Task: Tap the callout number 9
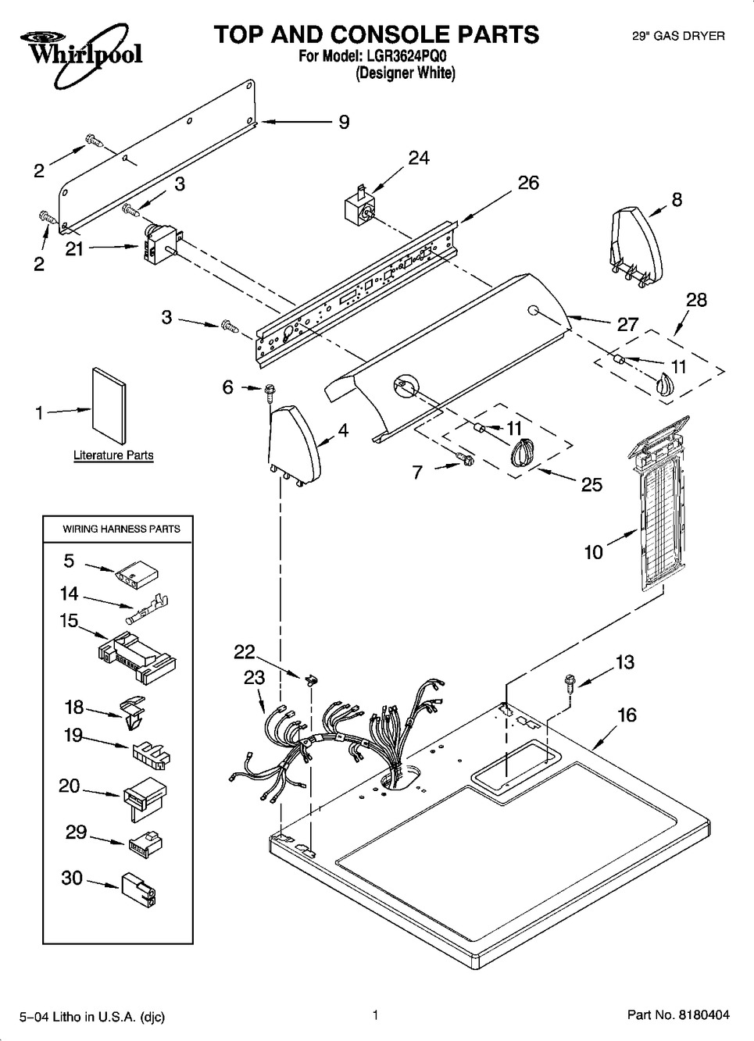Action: click(344, 122)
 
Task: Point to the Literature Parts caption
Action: click(113, 455)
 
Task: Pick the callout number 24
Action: click(419, 158)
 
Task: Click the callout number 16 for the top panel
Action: click(627, 715)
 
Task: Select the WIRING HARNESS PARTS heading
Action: click(121, 529)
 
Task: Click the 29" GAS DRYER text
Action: click(677, 36)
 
